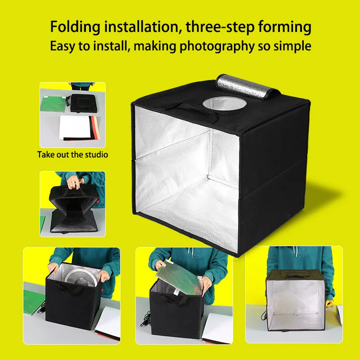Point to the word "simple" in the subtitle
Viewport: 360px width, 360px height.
[290, 46]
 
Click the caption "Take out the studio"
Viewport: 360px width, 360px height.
[72, 155]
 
